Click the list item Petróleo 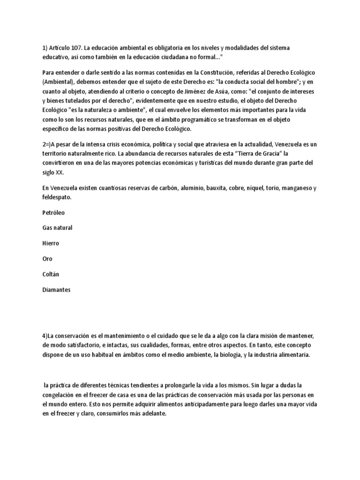point(53,213)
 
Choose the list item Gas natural point(57,228)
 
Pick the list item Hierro point(51,244)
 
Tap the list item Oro point(47,259)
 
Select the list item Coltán point(51,275)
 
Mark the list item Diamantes point(56,290)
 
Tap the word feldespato point(57,198)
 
